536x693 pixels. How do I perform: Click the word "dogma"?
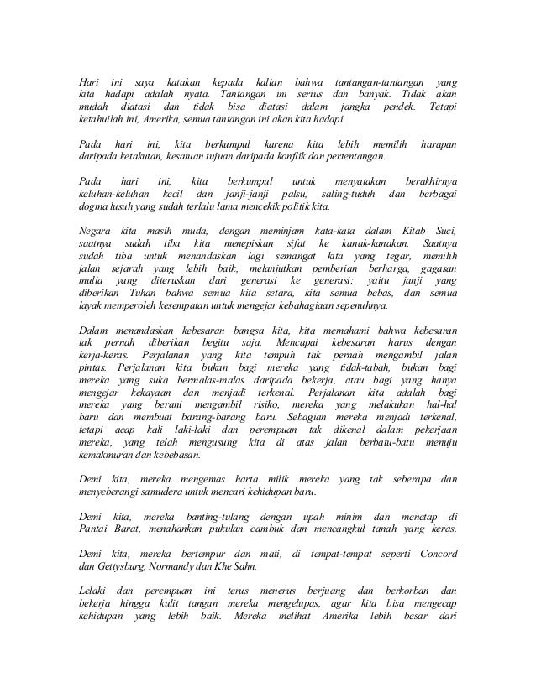[x=92, y=205]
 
